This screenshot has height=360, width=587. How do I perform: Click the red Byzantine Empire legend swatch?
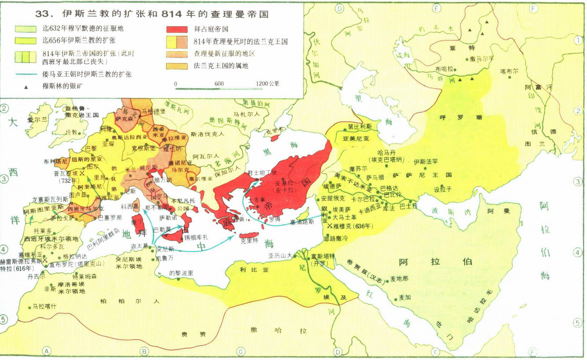(x=177, y=29)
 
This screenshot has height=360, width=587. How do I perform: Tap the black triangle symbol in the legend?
(x=26, y=87)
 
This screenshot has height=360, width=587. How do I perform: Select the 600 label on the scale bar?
(x=219, y=84)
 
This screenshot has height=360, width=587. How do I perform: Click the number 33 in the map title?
(x=42, y=14)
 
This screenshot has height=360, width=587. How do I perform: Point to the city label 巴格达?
(x=389, y=188)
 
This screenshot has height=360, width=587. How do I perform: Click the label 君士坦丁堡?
(x=262, y=173)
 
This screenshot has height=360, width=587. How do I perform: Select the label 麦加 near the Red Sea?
(x=405, y=298)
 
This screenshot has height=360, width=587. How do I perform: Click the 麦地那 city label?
(x=399, y=279)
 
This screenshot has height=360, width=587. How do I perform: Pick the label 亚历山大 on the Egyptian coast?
(x=280, y=255)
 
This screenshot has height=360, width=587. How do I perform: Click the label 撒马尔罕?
(x=482, y=59)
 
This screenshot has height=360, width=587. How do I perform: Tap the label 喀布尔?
(x=509, y=71)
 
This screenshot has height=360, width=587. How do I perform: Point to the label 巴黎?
(x=91, y=149)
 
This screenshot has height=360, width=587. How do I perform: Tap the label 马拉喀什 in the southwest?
(x=44, y=307)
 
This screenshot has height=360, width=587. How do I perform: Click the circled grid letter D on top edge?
(x=339, y=9)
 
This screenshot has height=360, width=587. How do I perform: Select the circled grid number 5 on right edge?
(x=578, y=323)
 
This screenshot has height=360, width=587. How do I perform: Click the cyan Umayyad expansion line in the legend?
(x=26, y=74)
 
